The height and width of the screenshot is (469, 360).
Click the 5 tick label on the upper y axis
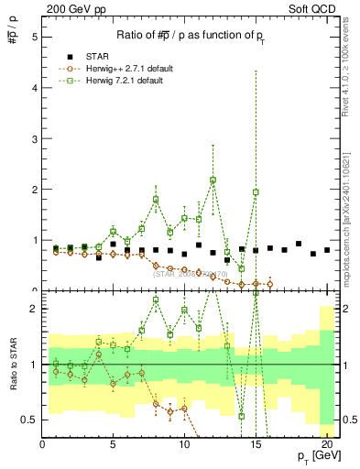click(x=34, y=38)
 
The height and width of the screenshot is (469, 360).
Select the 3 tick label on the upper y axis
click(x=34, y=139)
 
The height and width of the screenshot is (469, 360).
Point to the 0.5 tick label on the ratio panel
click(x=29, y=420)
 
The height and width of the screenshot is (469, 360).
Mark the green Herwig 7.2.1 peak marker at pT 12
click(x=213, y=180)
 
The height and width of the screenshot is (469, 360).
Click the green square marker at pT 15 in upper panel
click(x=256, y=192)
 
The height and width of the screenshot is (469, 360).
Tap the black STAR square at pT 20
click(x=327, y=250)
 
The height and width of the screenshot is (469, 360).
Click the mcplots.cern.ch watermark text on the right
click(x=352, y=220)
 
